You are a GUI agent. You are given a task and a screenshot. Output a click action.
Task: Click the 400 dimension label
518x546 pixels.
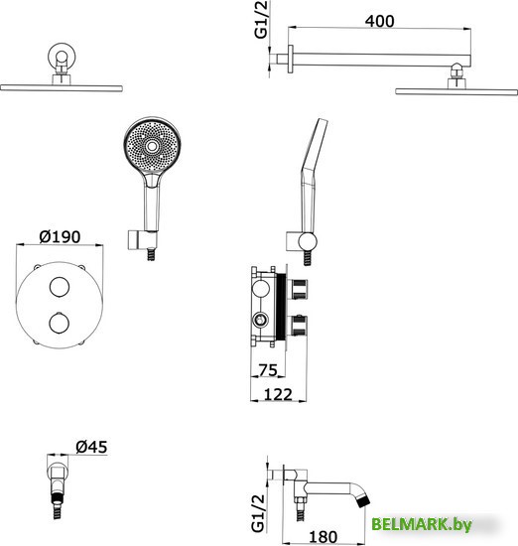[379, 21]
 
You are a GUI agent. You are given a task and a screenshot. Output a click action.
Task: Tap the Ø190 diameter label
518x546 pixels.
[60, 237]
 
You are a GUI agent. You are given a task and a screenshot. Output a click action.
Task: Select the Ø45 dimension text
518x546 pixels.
[91, 447]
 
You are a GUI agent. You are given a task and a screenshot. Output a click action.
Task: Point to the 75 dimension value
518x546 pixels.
[268, 370]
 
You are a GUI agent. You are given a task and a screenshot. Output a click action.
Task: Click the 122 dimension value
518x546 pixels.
[278, 394]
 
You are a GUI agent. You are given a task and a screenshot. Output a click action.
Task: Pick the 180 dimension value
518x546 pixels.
[323, 537]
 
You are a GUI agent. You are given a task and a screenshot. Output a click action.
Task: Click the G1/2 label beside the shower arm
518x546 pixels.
[261, 20]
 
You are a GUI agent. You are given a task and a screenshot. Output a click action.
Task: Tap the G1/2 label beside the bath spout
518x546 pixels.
[258, 513]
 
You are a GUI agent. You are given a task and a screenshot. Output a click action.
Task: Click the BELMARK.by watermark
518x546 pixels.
[422, 524]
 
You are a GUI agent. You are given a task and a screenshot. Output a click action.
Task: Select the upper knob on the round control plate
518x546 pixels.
[60, 287]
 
